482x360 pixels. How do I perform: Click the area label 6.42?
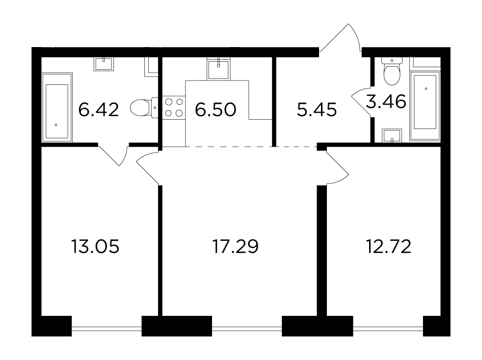click(x=98, y=110)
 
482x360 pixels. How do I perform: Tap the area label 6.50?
click(x=215, y=110)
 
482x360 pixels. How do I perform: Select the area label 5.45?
click(x=317, y=110)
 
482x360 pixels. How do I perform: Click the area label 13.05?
click(x=95, y=246)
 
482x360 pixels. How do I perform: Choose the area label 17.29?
click(x=236, y=246)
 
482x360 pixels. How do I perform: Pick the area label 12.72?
click(x=389, y=246)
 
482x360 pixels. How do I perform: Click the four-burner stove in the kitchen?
click(x=174, y=107)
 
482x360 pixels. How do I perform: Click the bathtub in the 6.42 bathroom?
click(x=57, y=107)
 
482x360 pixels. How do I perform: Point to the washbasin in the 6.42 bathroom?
click(x=104, y=64)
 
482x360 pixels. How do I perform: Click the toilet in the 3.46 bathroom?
click(x=392, y=71)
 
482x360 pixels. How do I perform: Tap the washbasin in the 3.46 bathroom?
click(x=392, y=136)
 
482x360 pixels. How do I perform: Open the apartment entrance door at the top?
click(x=340, y=37)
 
